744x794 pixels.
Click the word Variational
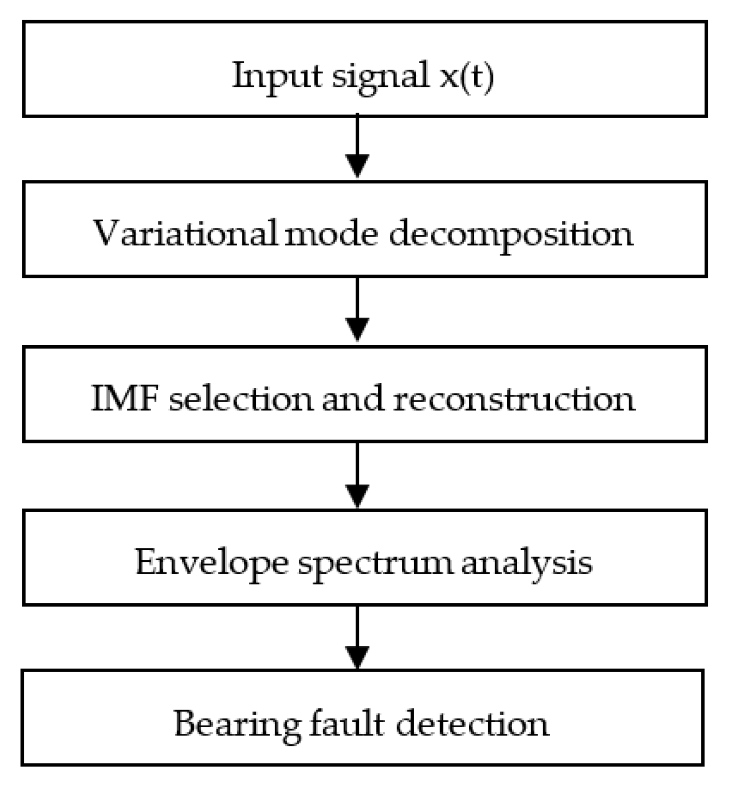coord(185,233)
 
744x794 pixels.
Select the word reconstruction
coord(514,399)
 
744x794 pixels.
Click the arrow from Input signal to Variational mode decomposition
coord(357,148)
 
